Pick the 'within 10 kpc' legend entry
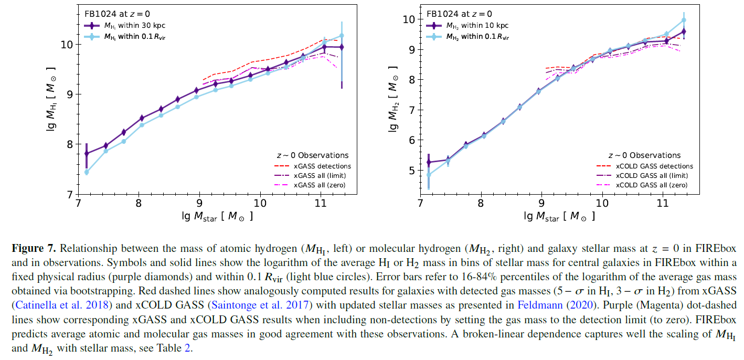pos(477,25)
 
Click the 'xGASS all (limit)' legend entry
pos(320,176)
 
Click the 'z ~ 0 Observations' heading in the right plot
pos(644,155)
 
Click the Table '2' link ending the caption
pos(187,348)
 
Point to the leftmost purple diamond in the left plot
pos(87,153)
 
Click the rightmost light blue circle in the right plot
pos(684,20)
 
